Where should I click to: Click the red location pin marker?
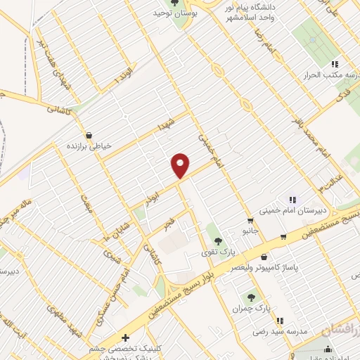point(181,165)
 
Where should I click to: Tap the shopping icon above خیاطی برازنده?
point(89,135)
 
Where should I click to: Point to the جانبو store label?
point(251,231)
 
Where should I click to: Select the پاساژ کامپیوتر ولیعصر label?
point(263,269)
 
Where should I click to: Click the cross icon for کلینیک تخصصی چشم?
point(125,337)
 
